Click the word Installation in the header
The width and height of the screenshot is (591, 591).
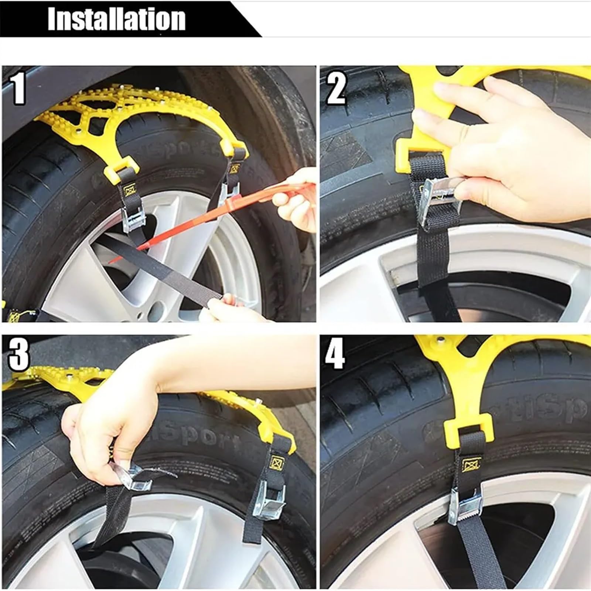click(x=116, y=19)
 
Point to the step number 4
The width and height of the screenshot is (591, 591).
click(x=335, y=355)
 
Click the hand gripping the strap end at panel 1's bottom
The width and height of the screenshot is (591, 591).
click(x=229, y=310)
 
